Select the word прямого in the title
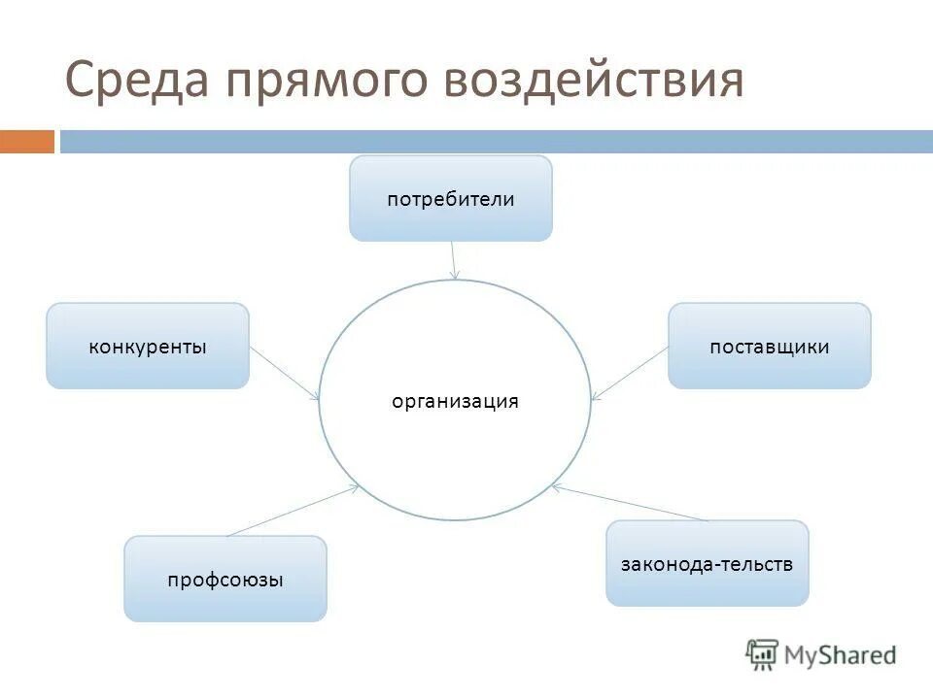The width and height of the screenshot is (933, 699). [324, 81]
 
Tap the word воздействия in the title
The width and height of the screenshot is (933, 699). [592, 81]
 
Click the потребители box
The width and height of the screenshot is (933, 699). [450, 199]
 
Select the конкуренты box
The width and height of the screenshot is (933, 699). [148, 347]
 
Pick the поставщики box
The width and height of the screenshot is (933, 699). [769, 347]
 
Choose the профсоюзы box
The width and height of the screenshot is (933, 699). [225, 580]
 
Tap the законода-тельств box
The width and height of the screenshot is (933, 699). [707, 564]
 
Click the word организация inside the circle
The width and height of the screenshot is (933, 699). [455, 401]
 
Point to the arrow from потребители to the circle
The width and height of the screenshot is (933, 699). [453, 259]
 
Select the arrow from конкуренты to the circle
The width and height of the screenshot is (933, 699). [285, 372]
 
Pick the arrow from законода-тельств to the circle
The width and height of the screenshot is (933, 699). [631, 503]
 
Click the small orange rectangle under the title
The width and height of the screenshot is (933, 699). [26, 142]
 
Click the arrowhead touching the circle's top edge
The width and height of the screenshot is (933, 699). [455, 277]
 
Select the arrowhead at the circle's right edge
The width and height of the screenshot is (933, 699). [596, 397]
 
